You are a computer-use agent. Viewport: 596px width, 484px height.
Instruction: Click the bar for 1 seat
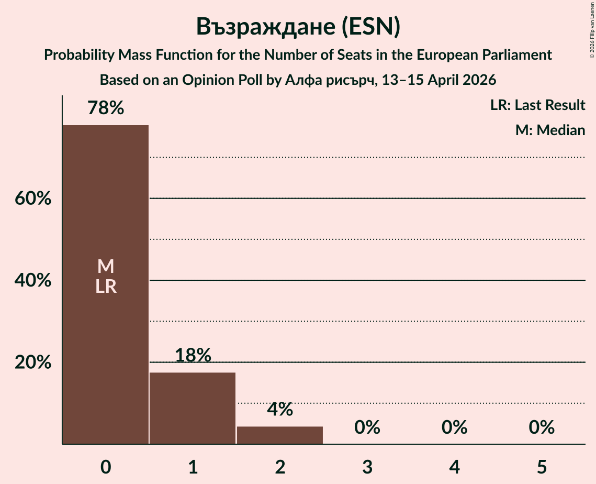point(193,408)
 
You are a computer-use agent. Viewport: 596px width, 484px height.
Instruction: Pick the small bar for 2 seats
point(280,435)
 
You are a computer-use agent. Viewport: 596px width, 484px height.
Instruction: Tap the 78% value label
point(106,108)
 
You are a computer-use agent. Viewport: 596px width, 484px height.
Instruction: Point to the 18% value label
point(193,356)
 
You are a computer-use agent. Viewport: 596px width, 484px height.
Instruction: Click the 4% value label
point(280,410)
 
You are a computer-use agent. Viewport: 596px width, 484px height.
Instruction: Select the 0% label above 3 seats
point(367,427)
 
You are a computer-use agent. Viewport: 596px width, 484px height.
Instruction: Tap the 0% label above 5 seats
point(541,427)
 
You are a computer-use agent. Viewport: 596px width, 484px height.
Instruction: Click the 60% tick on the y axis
point(32,199)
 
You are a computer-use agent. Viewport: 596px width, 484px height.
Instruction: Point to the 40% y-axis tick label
point(32,281)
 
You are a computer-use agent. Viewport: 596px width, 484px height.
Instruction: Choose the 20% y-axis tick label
point(32,362)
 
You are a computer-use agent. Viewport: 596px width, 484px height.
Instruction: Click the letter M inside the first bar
point(106,267)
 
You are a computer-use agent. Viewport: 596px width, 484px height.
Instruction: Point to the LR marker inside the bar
point(106,287)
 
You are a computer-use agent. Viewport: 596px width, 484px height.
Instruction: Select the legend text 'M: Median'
point(550,130)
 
